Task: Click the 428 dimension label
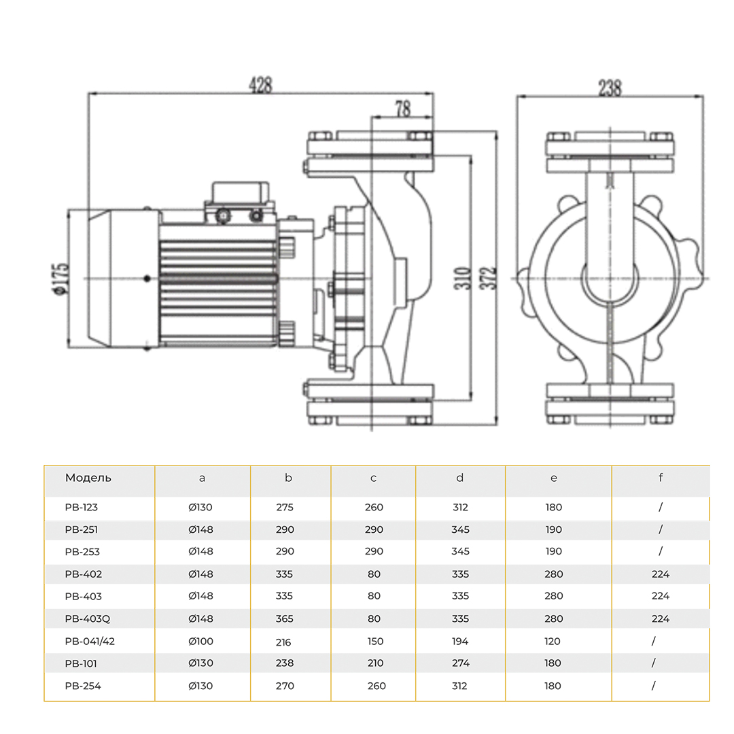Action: (x=261, y=85)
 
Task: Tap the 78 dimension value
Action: (x=402, y=107)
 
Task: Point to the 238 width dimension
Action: (x=609, y=88)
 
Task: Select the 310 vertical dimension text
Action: (x=464, y=279)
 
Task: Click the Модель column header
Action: (x=88, y=478)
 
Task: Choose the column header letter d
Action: (x=460, y=478)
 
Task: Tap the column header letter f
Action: (x=660, y=478)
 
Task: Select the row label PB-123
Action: (x=82, y=507)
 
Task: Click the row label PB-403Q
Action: (x=86, y=618)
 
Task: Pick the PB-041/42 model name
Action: (x=90, y=641)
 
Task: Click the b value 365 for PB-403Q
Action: (x=285, y=618)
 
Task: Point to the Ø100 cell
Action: (x=200, y=641)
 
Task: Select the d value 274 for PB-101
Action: (x=460, y=663)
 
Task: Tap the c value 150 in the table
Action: (x=374, y=641)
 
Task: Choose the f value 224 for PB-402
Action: (x=660, y=574)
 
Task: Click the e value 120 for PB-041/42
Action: (x=553, y=641)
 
